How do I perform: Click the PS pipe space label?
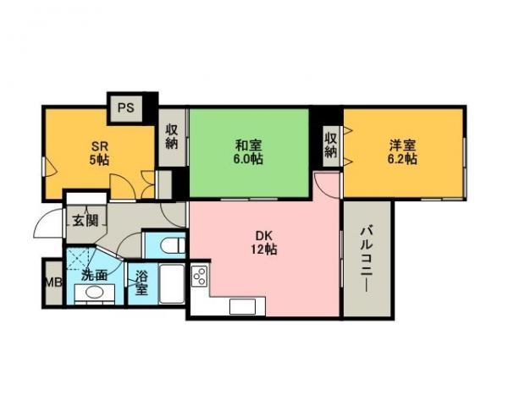(125, 107)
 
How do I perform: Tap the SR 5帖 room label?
(99, 153)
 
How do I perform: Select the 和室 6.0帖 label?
(249, 152)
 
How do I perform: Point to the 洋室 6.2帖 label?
(402, 152)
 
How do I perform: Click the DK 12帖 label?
(264, 242)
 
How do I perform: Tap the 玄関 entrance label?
(85, 221)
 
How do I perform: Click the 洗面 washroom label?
(94, 275)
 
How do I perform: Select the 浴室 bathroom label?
(141, 283)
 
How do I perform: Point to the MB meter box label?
(53, 283)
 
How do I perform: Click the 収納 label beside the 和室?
(172, 136)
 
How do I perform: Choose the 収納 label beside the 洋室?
(331, 145)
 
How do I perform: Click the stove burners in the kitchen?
(200, 276)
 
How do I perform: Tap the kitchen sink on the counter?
(242, 306)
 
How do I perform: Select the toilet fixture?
(173, 245)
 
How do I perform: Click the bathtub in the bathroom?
(172, 284)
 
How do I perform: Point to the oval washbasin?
(95, 293)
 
